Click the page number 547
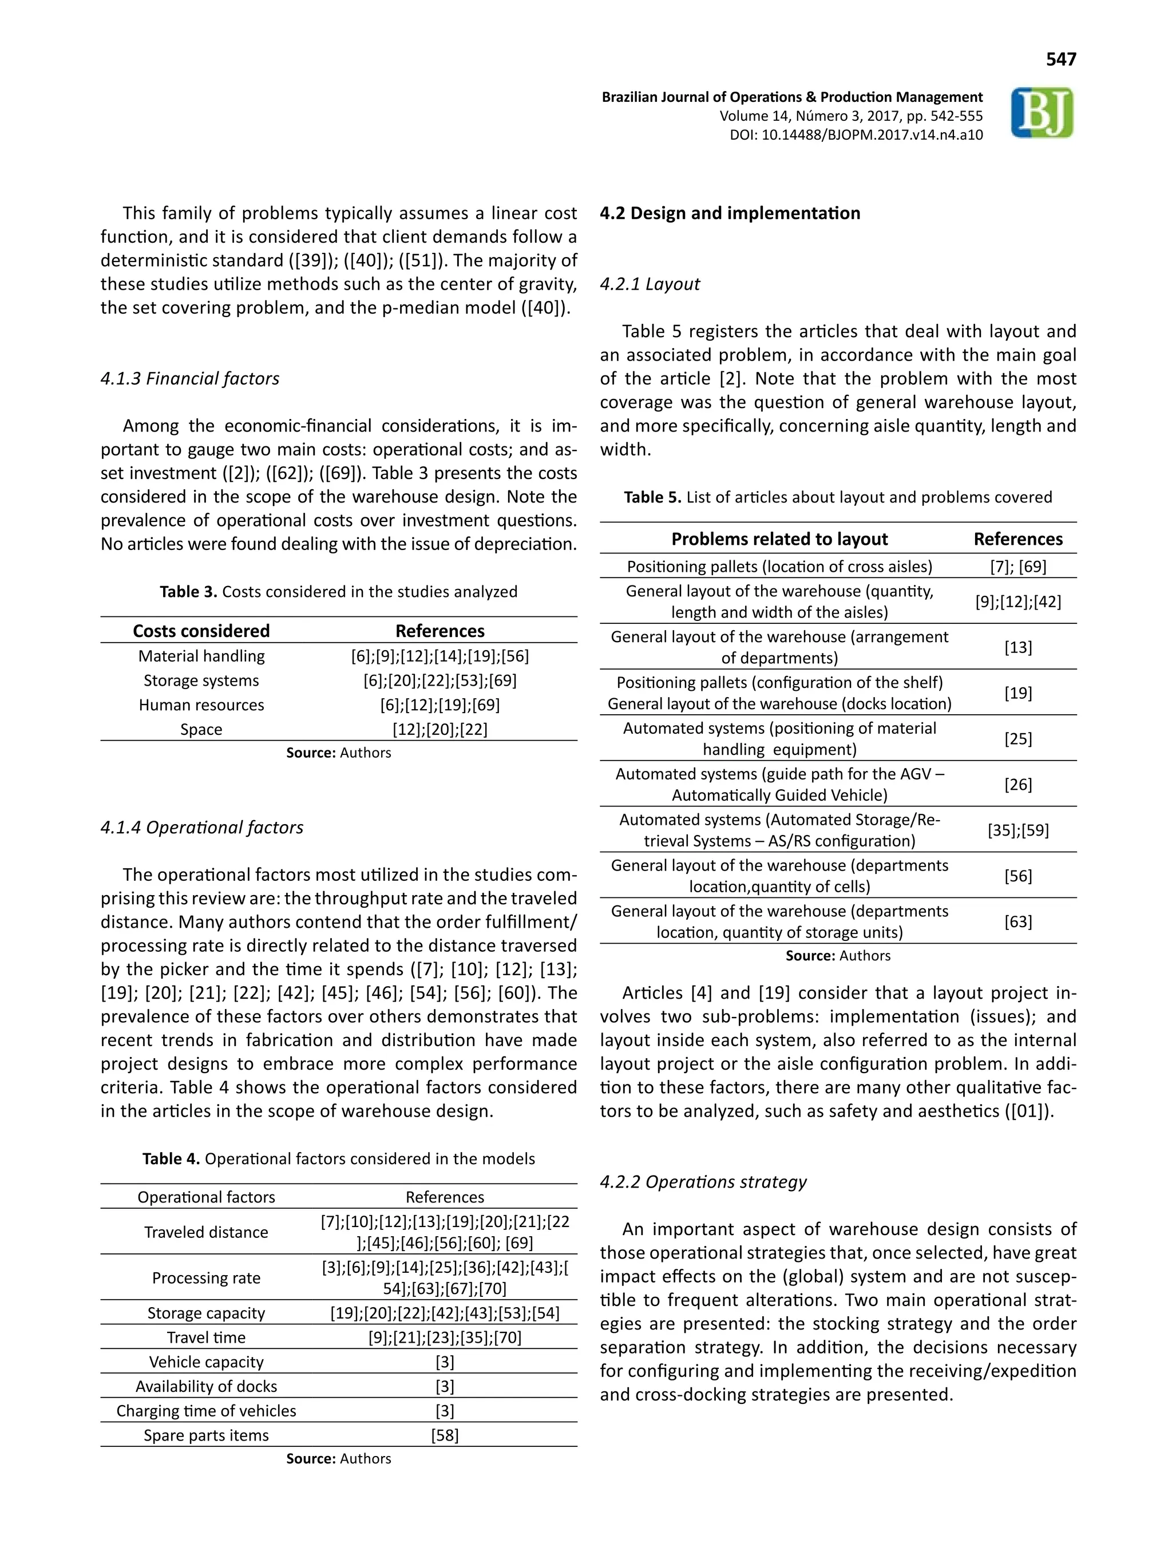click(x=1060, y=60)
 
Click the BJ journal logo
click(x=1042, y=113)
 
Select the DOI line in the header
click(x=856, y=135)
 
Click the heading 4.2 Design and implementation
click(x=730, y=213)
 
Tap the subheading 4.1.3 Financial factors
click(x=189, y=379)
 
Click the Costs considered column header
click(x=201, y=631)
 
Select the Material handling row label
click(x=201, y=656)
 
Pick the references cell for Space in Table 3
click(x=439, y=729)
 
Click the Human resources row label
click(x=201, y=705)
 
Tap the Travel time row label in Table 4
click(x=205, y=1338)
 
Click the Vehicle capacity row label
click(x=205, y=1362)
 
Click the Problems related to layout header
click(x=779, y=539)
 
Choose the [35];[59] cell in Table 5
click(x=1017, y=830)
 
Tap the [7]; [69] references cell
click(x=1017, y=567)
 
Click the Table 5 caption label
click(x=653, y=497)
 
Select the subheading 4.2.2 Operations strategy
click(x=702, y=1182)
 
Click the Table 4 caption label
click(x=171, y=1159)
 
